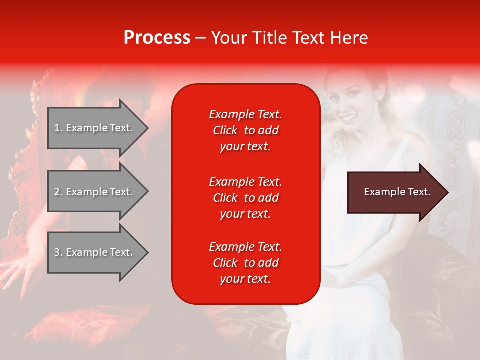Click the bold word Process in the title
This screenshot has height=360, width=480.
(157, 38)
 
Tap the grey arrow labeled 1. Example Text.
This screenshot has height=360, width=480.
(95, 128)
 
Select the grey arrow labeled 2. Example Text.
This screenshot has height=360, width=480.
(95, 192)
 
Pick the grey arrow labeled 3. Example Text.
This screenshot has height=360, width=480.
(95, 252)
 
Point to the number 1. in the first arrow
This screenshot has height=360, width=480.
(58, 128)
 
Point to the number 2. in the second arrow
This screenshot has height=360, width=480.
(58, 192)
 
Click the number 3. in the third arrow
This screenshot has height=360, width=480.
(58, 252)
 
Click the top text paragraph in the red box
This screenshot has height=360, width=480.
(245, 130)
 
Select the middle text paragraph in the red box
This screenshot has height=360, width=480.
(245, 198)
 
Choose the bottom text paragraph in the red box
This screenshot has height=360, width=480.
(245, 263)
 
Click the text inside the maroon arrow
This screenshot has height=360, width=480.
(397, 192)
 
